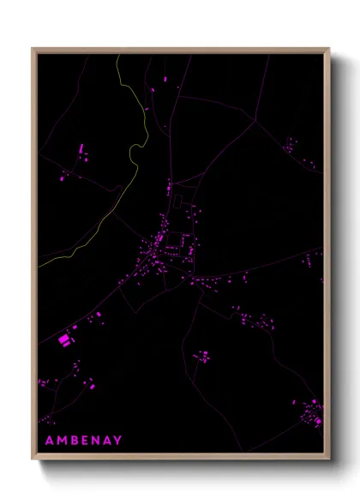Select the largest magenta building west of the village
(x=63, y=340)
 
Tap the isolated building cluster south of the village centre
(x=202, y=356)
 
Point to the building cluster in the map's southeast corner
(x=309, y=413)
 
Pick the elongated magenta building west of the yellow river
(x=82, y=149)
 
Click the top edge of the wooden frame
(x=180, y=50)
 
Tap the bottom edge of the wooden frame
(x=180, y=459)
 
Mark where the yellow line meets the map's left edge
(x=39, y=255)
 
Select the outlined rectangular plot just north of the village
(x=179, y=202)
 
